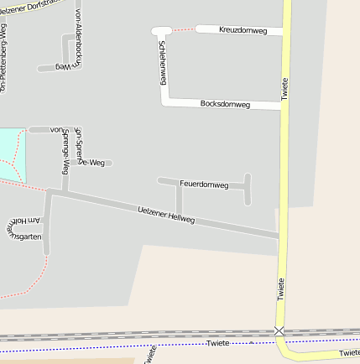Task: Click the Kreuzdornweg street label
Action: click(243, 30)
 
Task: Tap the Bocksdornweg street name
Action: click(225, 104)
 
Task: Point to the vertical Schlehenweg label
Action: click(163, 63)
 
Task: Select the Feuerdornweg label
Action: click(204, 185)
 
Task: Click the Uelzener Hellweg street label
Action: click(166, 214)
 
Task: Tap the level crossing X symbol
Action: click(279, 331)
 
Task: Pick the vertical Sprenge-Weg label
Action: click(65, 152)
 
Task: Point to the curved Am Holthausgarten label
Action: click(23, 229)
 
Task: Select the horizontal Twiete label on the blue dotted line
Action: click(218, 344)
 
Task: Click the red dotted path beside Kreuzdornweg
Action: click(185, 29)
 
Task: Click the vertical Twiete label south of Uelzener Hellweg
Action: click(281, 289)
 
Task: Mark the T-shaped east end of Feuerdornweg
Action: click(247, 188)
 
